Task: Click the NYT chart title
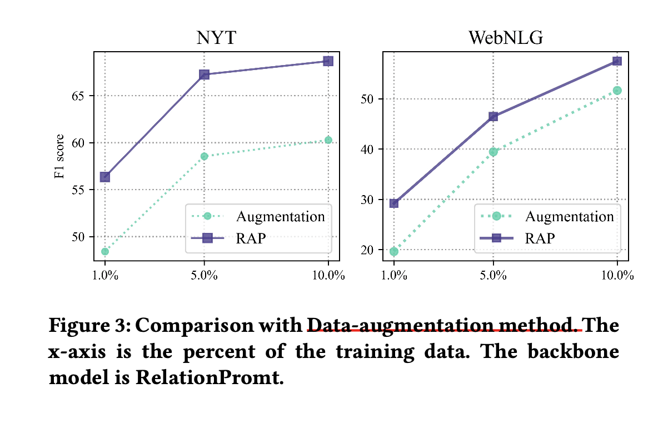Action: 216,38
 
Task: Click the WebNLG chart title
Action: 505,38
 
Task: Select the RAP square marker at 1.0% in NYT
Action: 104,177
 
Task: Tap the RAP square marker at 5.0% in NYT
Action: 204,74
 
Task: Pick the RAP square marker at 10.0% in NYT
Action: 328,61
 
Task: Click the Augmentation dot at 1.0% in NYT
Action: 104,251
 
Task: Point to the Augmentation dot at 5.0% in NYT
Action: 204,156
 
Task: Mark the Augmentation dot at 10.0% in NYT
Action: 328,140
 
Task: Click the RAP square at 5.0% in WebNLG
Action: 493,116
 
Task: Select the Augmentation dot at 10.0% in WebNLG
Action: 617,90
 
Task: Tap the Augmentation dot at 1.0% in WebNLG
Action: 394,251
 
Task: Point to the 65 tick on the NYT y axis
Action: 81,96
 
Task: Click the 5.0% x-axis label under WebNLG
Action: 493,276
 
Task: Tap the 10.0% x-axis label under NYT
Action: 328,276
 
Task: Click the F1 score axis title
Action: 59,156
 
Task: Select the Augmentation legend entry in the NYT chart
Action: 280,216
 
